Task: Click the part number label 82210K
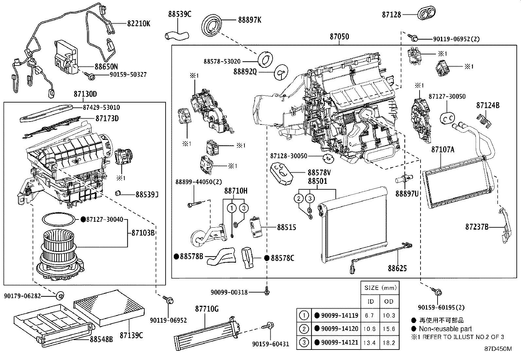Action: tap(139, 24)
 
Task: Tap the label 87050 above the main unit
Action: tap(339, 37)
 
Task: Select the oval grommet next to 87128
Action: tap(425, 14)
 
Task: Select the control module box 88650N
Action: tap(67, 57)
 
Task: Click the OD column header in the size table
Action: tap(389, 301)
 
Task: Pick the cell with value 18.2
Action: tap(389, 343)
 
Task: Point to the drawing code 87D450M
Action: tap(498, 349)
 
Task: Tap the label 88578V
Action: tap(319, 173)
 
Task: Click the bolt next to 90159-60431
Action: tap(269, 325)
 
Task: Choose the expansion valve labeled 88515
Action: tap(256, 227)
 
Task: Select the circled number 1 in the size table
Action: tap(304, 315)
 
